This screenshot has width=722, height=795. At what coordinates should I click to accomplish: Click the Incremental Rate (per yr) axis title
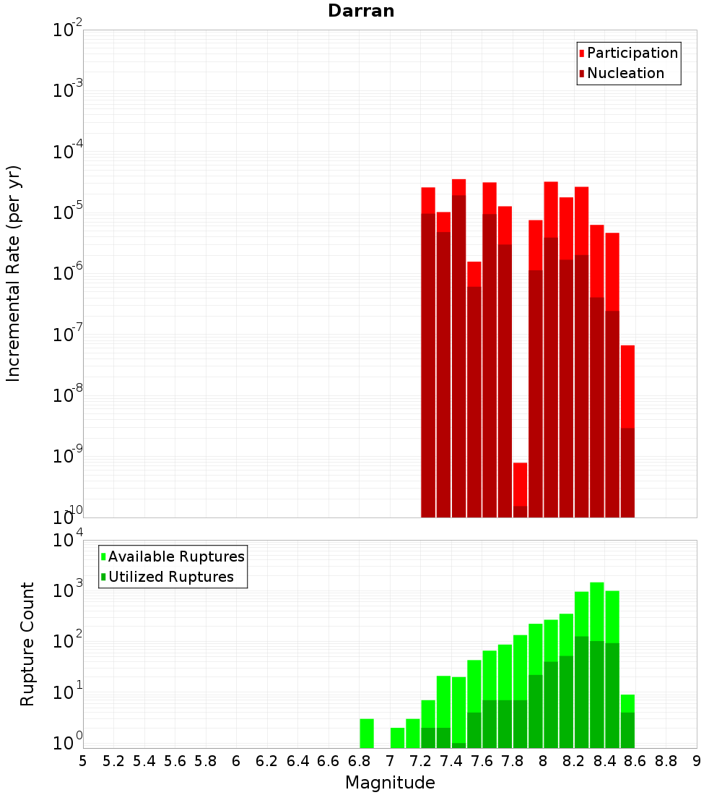tap(14, 273)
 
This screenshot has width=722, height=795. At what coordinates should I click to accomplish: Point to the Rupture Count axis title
tap(27, 643)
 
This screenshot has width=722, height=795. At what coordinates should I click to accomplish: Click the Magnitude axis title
tap(390, 783)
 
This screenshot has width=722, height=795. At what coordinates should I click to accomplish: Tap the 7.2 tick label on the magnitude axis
tap(420, 761)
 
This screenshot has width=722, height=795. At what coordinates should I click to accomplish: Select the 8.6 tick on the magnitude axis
tap(635, 761)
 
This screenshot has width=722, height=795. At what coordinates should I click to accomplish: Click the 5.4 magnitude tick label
tap(144, 761)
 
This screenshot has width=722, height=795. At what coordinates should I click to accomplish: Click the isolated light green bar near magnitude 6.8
tap(367, 733)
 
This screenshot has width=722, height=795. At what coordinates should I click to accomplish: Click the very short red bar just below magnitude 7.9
tap(520, 484)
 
